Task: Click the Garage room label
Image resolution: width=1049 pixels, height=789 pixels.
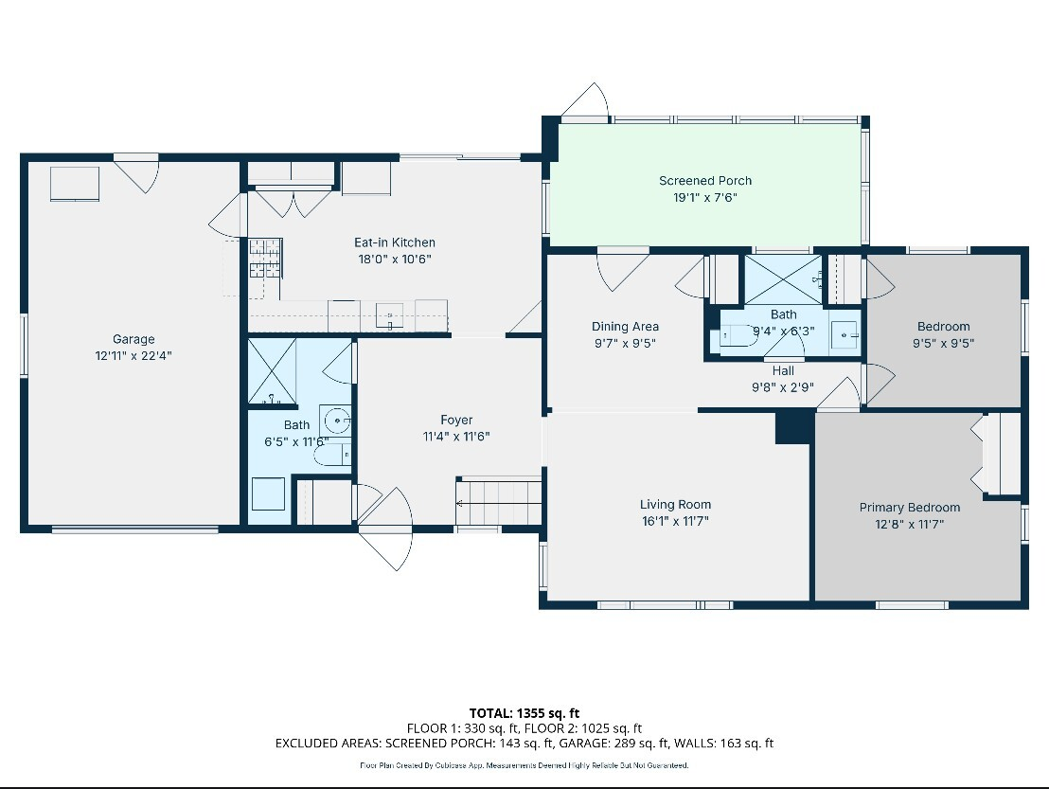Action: click(133, 339)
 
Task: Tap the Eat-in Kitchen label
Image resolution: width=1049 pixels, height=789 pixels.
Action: click(395, 242)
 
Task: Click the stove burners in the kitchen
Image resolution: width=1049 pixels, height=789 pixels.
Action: click(265, 258)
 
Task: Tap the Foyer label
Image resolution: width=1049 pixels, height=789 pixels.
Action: click(456, 420)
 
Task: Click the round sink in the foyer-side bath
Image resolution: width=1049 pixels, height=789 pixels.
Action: click(335, 419)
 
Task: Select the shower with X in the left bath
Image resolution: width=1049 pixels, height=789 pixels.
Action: click(272, 372)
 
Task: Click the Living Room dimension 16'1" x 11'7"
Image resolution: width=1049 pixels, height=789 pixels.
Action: click(675, 521)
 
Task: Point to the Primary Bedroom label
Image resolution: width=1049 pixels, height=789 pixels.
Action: click(910, 507)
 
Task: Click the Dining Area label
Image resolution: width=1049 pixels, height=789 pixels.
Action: click(625, 327)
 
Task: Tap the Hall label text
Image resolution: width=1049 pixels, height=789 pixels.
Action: click(783, 370)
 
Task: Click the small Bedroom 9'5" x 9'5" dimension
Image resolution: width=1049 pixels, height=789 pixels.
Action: click(943, 344)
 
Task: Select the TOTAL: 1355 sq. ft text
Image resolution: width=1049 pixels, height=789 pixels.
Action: click(524, 712)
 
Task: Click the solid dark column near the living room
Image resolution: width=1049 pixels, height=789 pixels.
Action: click(794, 427)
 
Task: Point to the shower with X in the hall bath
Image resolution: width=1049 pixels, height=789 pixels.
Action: click(782, 278)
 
